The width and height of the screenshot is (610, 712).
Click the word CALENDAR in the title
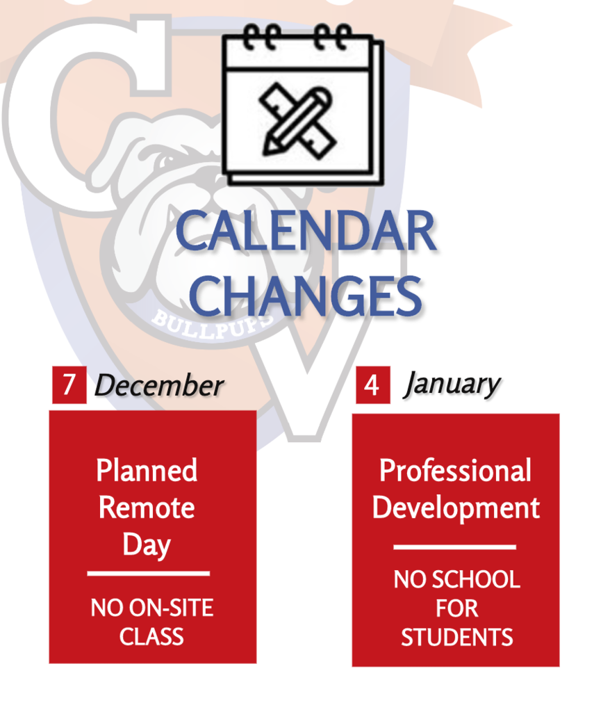[x=306, y=232]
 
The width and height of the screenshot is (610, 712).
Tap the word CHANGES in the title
[x=306, y=295]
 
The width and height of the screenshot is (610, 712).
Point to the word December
[x=158, y=386]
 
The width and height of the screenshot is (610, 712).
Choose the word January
[x=452, y=384]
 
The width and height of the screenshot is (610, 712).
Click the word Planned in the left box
[x=147, y=471]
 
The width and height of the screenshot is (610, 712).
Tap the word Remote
[x=147, y=508]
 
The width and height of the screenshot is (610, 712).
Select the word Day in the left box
[x=147, y=546]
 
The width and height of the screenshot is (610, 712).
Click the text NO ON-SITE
[x=151, y=609]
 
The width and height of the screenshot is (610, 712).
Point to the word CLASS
[x=151, y=637]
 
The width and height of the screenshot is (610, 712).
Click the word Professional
[x=455, y=471]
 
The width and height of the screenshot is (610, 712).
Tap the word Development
[x=456, y=508]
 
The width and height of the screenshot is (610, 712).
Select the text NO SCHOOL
[x=456, y=580]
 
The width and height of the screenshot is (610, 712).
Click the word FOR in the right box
[x=456, y=609]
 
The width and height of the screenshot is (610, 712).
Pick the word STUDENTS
[x=456, y=638]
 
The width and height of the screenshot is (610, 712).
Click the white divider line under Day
[x=148, y=574]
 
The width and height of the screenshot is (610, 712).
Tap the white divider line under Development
[x=454, y=547]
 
